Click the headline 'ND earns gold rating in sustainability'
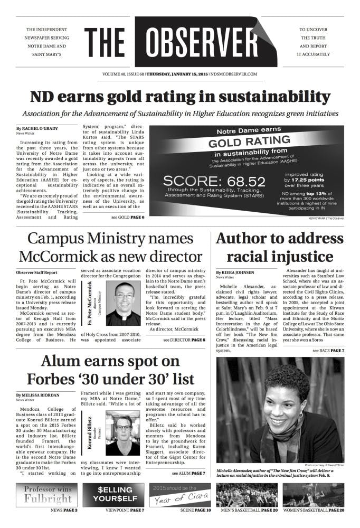[x=179, y=97]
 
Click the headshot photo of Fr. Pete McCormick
[x=127, y=303]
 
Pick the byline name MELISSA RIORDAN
[x=39, y=395]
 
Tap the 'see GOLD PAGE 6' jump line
[x=128, y=218]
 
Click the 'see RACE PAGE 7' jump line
[x=328, y=351]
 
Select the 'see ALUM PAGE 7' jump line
[x=188, y=473]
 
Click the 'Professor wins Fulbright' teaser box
[x=48, y=495]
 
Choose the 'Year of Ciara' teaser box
[x=180, y=495]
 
